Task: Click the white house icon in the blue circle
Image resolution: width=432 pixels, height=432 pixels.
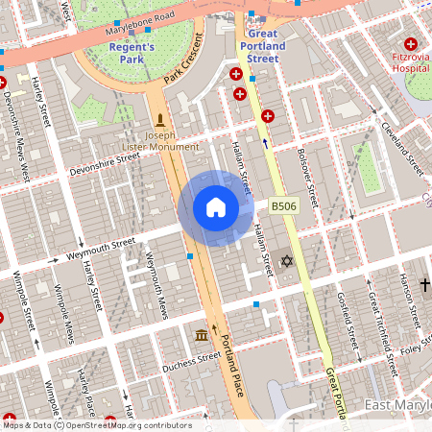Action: click(x=215, y=206)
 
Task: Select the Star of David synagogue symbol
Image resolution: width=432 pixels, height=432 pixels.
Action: click(x=284, y=260)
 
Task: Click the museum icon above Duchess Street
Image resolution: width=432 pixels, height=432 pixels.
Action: click(x=202, y=335)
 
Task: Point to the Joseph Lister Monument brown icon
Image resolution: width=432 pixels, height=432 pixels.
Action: click(x=160, y=120)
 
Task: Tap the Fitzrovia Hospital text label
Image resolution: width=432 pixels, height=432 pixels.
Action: click(x=408, y=63)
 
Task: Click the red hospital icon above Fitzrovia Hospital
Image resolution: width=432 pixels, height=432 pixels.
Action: click(x=411, y=44)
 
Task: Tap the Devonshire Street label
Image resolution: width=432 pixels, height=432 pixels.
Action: click(x=105, y=162)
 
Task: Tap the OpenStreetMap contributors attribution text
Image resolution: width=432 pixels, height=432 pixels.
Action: click(x=96, y=425)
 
